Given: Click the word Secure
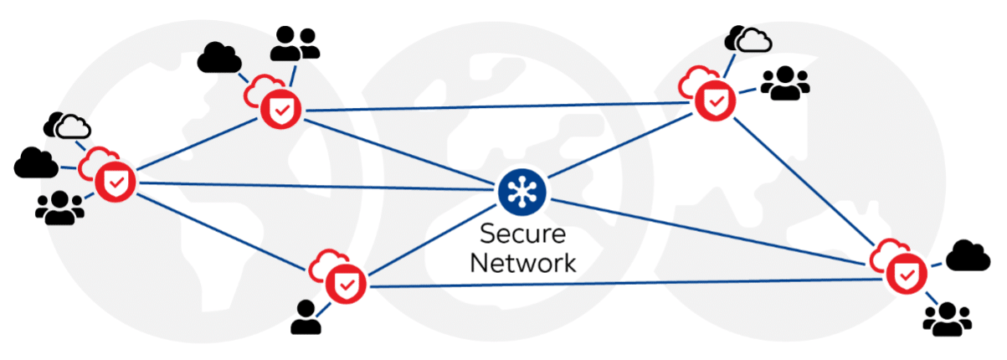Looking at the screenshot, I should click(x=522, y=234).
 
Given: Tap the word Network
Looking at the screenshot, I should click(x=522, y=262).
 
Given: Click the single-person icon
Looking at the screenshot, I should click(x=307, y=317).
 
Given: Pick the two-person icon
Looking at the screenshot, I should click(x=295, y=43).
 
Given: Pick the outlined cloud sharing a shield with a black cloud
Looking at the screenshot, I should click(x=69, y=126).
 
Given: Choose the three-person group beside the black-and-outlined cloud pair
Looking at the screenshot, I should click(x=59, y=207).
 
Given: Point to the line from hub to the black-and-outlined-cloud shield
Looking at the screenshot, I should click(x=318, y=186).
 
